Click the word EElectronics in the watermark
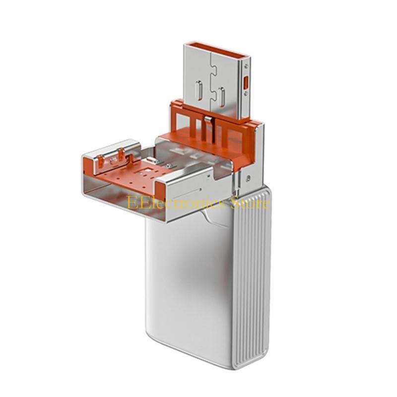coord(176,202)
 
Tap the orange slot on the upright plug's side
coord(245,83)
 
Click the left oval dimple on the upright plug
coord(199,91)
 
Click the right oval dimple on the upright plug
coord(221,97)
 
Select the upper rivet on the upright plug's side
coord(246,66)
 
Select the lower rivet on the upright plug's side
coord(246,94)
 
